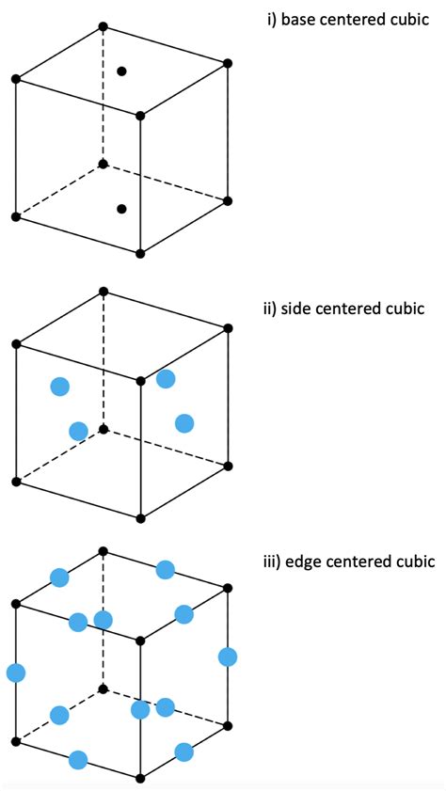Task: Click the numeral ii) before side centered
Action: pyautogui.click(x=271, y=308)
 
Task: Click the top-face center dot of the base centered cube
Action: pyautogui.click(x=121, y=71)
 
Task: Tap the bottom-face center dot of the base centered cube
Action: pyautogui.click(x=121, y=209)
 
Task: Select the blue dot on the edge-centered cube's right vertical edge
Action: pyautogui.click(x=227, y=657)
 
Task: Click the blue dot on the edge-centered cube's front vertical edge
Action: pyautogui.click(x=140, y=710)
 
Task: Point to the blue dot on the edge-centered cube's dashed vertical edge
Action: pyautogui.click(x=103, y=620)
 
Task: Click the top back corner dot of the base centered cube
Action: pyautogui.click(x=103, y=25)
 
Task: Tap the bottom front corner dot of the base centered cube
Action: pyautogui.click(x=140, y=253)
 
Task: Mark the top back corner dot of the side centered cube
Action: pyautogui.click(x=103, y=292)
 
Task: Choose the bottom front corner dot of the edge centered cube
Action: pyautogui.click(x=140, y=778)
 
